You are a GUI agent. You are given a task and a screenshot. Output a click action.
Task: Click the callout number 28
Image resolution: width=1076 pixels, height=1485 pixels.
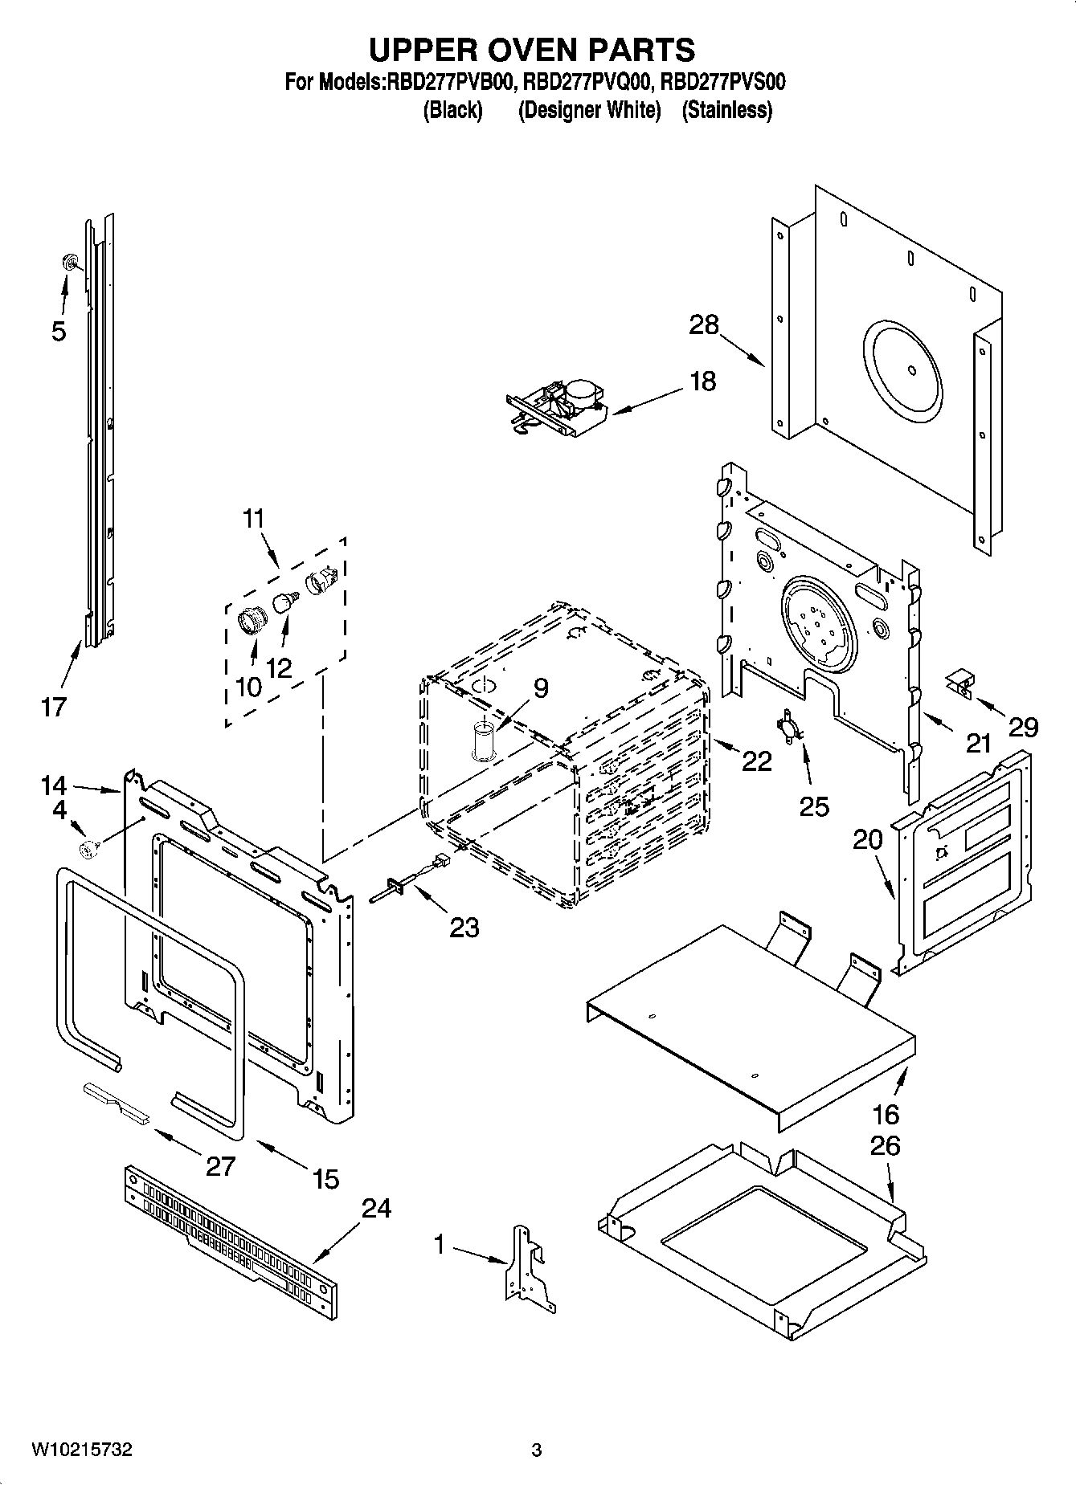pyautogui.click(x=703, y=325)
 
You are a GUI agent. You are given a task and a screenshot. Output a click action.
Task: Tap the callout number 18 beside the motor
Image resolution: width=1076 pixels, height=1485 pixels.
pyautogui.click(x=702, y=381)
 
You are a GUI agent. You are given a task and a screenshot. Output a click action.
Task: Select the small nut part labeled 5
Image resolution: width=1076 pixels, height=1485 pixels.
pyautogui.click(x=71, y=261)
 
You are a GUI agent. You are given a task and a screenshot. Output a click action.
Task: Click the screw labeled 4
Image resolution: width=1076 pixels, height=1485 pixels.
pyautogui.click(x=88, y=847)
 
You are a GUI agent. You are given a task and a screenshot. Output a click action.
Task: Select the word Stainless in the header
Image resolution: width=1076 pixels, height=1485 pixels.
pyautogui.click(x=726, y=110)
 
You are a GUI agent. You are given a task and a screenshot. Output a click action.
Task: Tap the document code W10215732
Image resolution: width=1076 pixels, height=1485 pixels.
pyautogui.click(x=81, y=1449)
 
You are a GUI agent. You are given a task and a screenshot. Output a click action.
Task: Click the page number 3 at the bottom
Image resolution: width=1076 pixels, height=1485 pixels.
pyautogui.click(x=537, y=1450)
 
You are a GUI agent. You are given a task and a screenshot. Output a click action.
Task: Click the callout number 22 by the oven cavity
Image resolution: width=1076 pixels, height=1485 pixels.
pyautogui.click(x=755, y=760)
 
